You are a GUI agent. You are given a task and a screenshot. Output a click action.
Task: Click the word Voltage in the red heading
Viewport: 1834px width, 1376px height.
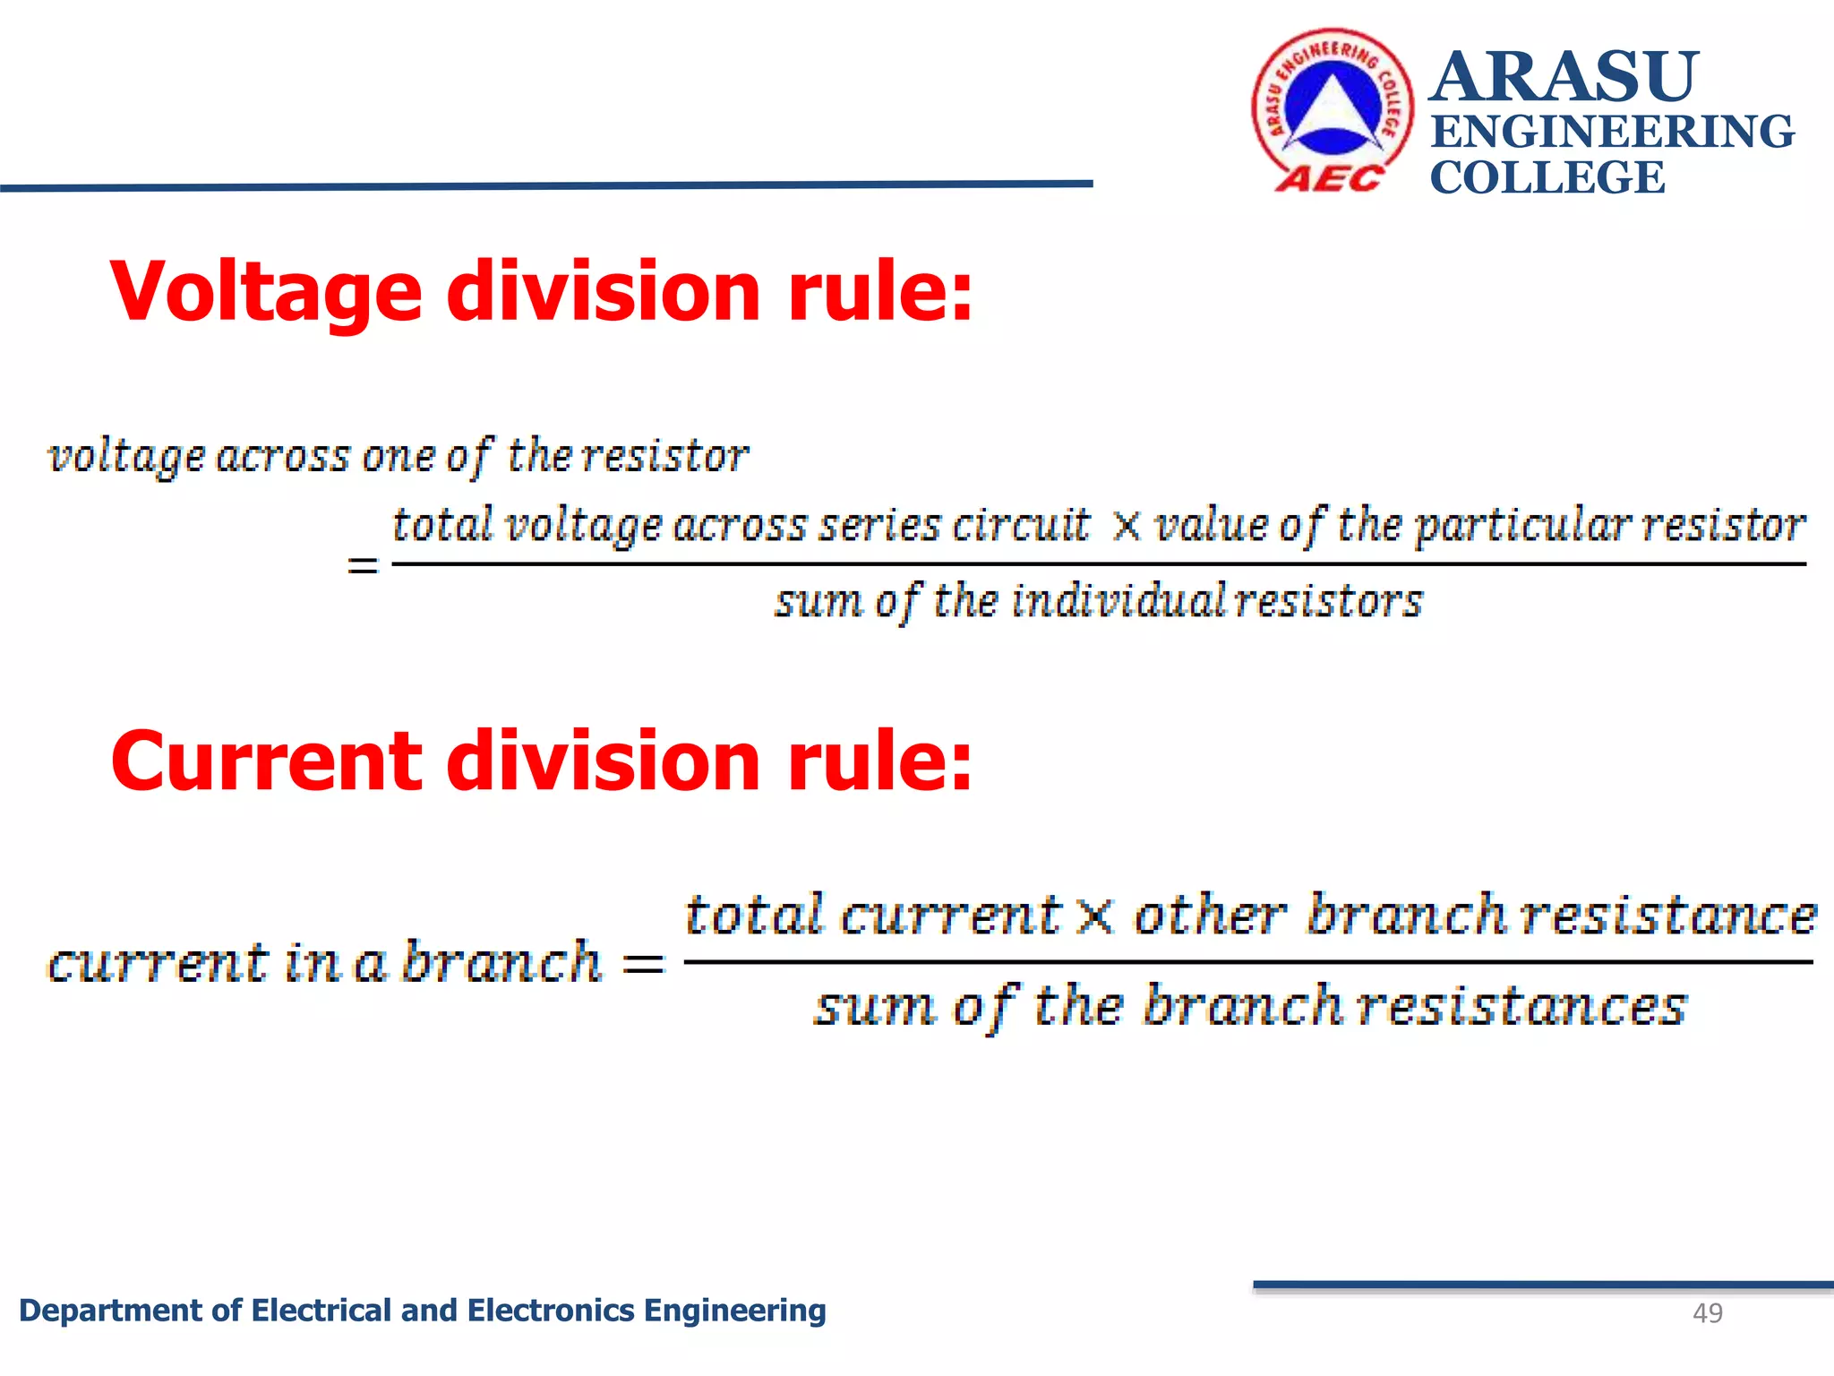click(266, 293)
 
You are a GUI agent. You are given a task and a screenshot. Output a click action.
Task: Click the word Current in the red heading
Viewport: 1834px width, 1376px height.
click(266, 761)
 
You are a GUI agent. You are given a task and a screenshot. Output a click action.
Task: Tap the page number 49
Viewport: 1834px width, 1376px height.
click(1707, 1313)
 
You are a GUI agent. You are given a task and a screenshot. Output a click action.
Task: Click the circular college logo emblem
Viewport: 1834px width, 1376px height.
click(1333, 109)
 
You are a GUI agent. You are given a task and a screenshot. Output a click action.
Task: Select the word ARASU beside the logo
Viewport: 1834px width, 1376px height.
click(1563, 77)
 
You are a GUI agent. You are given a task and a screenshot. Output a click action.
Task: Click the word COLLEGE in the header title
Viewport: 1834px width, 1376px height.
click(1547, 177)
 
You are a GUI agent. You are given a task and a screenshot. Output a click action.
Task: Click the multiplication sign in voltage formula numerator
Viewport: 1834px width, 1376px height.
click(1127, 526)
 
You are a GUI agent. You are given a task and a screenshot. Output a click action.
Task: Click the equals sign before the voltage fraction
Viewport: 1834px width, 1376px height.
click(363, 565)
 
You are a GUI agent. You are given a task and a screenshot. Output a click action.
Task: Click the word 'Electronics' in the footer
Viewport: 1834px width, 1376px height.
click(551, 1311)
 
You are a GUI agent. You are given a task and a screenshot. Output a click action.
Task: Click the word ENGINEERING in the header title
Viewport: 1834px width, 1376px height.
click(1612, 132)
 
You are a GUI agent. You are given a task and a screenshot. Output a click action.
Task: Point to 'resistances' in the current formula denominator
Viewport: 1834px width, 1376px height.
click(1521, 1007)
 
